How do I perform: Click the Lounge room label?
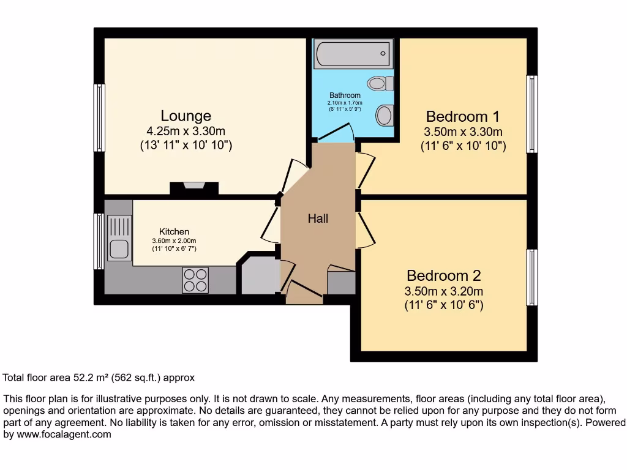(186, 116)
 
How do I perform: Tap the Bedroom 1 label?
(462, 116)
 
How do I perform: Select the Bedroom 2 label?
(443, 275)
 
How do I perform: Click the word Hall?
(318, 218)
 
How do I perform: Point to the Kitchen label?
(174, 231)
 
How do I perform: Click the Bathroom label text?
(345, 95)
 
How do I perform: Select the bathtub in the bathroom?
(352, 54)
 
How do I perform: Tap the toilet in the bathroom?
(380, 83)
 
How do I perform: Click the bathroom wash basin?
(385, 114)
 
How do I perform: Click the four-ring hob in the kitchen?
(195, 281)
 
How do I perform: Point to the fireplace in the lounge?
(194, 187)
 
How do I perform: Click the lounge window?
(99, 117)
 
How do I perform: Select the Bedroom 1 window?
(532, 114)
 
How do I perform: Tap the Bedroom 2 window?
(532, 277)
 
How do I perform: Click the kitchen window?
(99, 241)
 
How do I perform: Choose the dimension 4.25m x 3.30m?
(186, 131)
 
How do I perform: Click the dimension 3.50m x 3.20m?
(443, 291)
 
